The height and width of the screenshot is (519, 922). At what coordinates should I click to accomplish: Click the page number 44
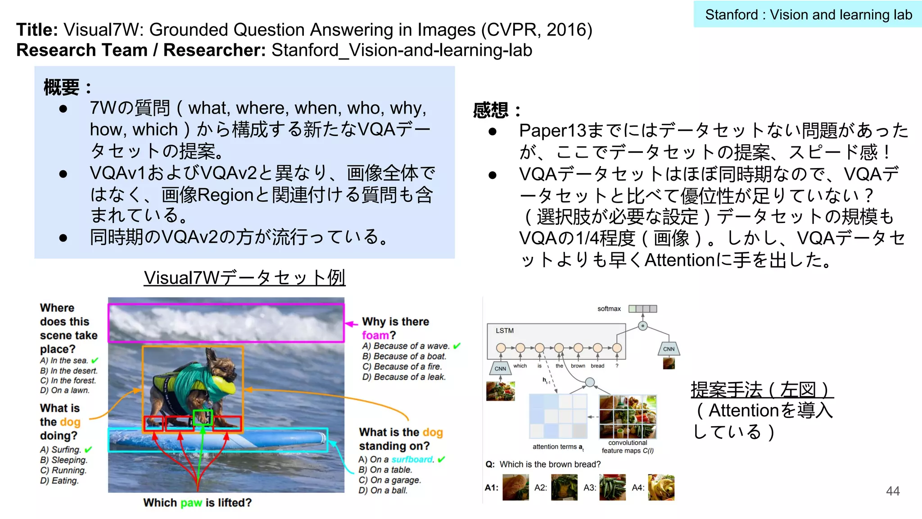(892, 491)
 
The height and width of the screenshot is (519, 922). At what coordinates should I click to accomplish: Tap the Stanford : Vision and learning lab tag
(808, 14)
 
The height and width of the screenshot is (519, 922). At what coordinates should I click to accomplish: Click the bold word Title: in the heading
(37, 30)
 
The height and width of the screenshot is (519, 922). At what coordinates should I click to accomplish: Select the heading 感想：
(497, 110)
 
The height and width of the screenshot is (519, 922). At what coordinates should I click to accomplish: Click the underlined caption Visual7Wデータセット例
(244, 278)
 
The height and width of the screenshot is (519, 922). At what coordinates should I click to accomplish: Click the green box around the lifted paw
(202, 417)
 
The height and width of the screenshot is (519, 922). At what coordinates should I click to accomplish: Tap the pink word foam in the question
(375, 335)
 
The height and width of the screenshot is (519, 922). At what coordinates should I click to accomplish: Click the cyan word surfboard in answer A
(411, 459)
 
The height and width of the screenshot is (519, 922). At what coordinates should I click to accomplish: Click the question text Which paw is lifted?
(197, 503)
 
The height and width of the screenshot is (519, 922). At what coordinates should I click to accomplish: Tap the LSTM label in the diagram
(504, 331)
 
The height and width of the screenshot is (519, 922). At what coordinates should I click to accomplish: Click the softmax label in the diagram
(609, 309)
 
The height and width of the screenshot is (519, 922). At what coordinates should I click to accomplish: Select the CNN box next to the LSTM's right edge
(669, 349)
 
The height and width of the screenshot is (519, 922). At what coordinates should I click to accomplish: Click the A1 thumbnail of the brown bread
(515, 487)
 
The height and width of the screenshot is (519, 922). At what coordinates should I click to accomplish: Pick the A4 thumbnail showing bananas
(661, 487)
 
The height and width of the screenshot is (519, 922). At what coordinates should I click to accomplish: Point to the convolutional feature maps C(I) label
(628, 446)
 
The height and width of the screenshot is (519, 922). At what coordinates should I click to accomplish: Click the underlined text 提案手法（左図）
(762, 389)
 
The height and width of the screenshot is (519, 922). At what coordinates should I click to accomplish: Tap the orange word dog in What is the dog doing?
(70, 422)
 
